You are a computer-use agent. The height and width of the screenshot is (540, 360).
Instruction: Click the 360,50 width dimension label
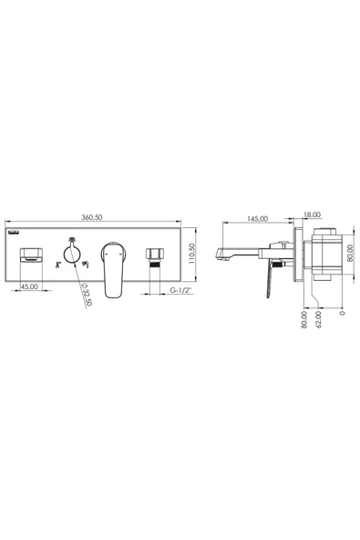click(92, 217)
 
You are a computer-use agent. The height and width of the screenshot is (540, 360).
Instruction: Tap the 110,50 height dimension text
click(192, 254)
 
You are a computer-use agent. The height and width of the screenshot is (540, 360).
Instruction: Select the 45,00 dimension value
click(29, 286)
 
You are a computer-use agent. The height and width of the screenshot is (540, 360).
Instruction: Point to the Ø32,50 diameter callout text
click(87, 294)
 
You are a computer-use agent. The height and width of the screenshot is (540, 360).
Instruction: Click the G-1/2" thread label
click(180, 290)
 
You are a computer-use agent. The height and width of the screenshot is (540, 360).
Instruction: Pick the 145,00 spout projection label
click(257, 219)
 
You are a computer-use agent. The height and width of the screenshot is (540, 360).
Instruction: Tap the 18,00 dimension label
click(312, 214)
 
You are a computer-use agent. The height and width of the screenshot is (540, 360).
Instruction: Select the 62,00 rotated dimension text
click(318, 319)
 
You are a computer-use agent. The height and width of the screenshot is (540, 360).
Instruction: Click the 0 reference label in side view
click(342, 313)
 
